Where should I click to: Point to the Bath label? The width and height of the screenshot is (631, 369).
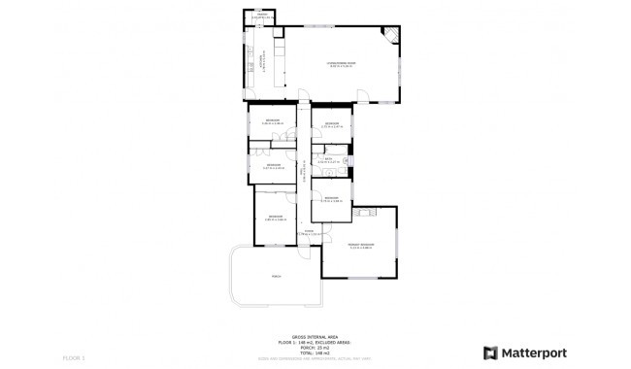(330, 160)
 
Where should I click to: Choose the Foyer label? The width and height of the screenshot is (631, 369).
(309, 232)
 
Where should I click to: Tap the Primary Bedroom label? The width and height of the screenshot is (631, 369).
(360, 245)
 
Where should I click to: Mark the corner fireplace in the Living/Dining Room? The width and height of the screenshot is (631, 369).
(390, 37)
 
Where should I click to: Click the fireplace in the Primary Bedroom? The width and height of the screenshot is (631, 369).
(366, 211)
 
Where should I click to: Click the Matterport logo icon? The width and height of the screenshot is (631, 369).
(491, 352)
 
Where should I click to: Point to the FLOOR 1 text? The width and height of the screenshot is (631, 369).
(75, 359)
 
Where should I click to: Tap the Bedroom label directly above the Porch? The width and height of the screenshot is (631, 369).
(275, 217)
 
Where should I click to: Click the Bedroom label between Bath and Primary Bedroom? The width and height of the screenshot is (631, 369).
(332, 199)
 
